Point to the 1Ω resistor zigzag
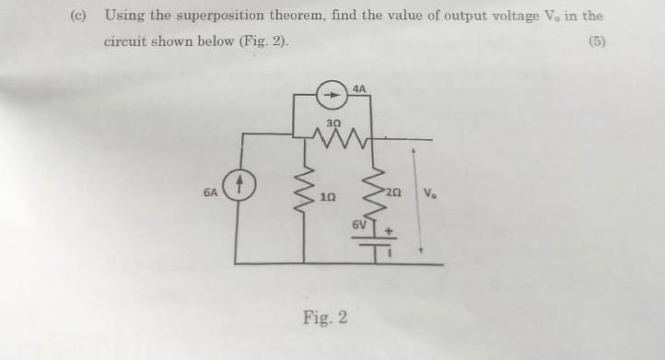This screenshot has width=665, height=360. (305, 195)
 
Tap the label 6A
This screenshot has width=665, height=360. (211, 193)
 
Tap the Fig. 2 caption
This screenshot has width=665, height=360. (325, 319)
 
